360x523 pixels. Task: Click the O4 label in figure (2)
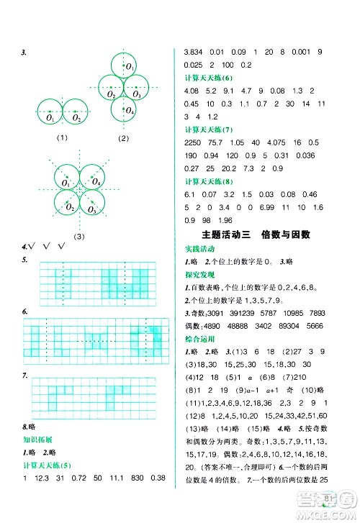130,112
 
